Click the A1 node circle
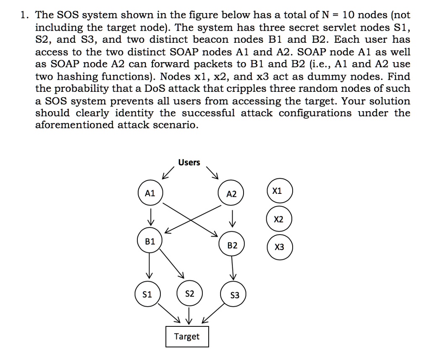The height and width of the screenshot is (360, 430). coord(149,193)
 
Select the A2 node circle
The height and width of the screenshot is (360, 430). coord(231,194)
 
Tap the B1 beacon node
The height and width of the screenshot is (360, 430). coord(149,242)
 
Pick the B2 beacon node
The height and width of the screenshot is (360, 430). coord(232,245)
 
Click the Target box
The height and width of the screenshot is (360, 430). coord(187,337)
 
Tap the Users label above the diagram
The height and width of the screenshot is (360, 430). coord(189,162)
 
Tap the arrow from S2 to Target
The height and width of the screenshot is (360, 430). coord(189,316)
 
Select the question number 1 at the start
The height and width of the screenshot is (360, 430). coord(24,16)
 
